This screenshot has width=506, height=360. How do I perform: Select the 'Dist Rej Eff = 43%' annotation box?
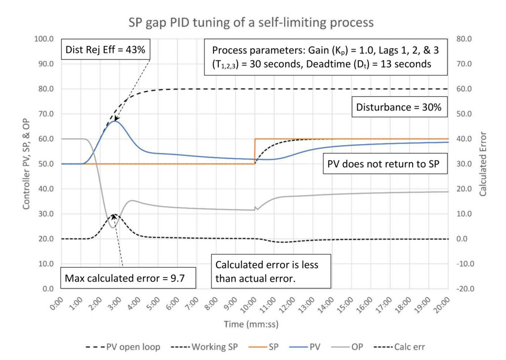point(106,49)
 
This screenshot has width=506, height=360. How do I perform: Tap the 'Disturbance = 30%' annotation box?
point(399,107)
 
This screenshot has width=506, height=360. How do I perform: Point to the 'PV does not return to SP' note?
point(385,164)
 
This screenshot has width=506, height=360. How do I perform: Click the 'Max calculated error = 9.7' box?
point(128,278)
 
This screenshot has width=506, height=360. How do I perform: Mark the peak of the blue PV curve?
point(115,121)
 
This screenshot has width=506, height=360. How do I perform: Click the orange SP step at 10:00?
point(255,151)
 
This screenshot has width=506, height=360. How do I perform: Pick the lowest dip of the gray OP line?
point(113,228)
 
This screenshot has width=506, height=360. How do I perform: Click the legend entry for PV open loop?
point(123,347)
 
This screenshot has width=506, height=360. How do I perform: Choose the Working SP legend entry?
point(204,347)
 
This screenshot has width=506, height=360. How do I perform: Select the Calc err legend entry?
point(399,347)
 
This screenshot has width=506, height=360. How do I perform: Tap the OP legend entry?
point(347,347)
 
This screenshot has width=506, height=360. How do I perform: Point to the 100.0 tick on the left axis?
point(44,39)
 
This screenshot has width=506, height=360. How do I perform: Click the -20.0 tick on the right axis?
point(465,289)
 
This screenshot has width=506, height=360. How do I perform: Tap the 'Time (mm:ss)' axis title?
point(251,324)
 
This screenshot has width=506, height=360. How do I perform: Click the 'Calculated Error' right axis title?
point(483,163)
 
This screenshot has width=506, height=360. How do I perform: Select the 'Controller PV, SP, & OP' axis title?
point(26,164)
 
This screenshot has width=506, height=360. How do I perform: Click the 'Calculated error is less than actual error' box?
point(271,271)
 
